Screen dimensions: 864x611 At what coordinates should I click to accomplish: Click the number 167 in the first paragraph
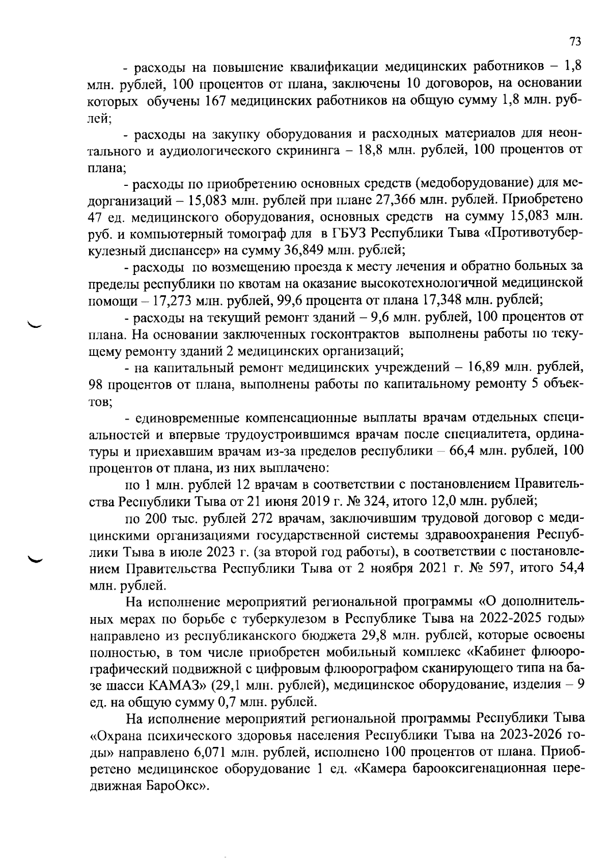pos(215,101)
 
